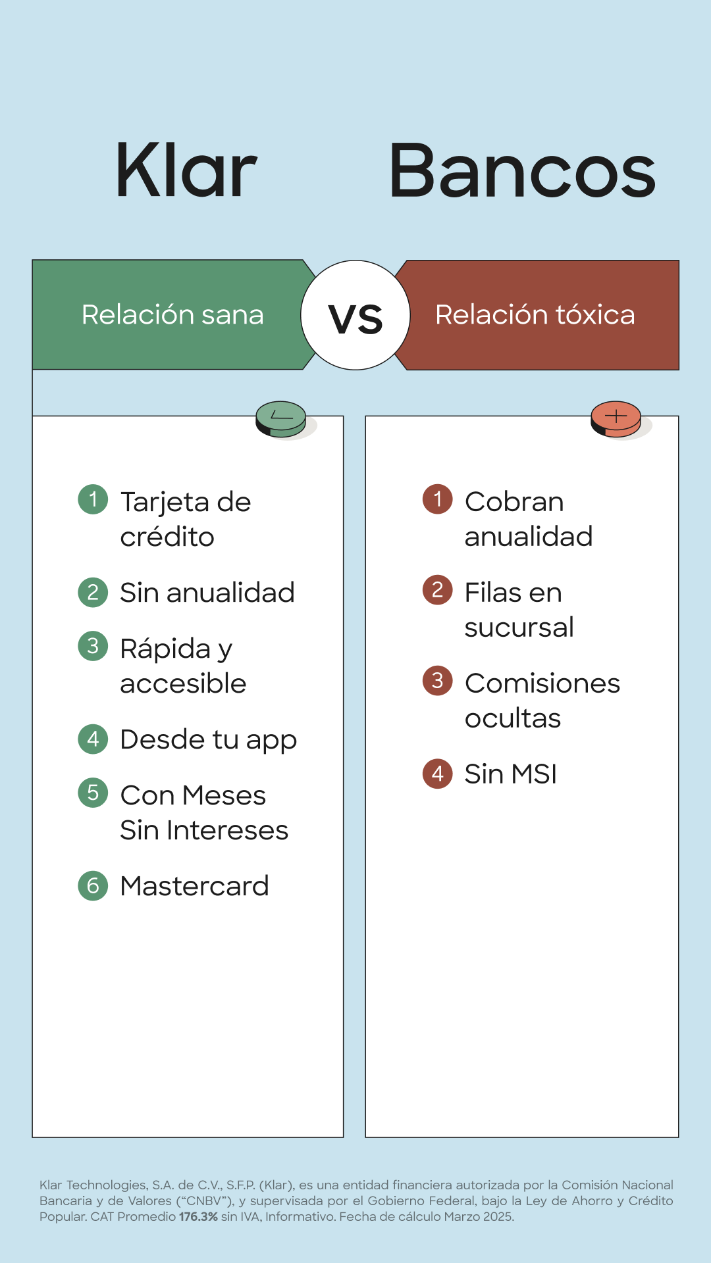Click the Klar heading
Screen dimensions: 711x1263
(x=186, y=170)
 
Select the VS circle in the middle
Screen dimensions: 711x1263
(x=355, y=315)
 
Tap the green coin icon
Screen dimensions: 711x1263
(x=281, y=419)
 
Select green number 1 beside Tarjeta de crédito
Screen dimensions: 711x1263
(x=93, y=499)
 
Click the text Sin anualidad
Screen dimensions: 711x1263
(x=207, y=593)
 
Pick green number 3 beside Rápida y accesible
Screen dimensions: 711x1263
(x=93, y=646)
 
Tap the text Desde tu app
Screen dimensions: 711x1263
(x=208, y=740)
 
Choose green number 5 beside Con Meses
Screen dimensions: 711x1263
(x=93, y=793)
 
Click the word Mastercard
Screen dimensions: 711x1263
(x=194, y=886)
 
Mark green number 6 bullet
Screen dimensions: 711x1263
(x=93, y=886)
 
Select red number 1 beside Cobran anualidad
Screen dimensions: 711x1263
(x=438, y=499)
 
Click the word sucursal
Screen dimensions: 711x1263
(x=519, y=628)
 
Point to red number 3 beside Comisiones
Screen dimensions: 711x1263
(x=438, y=681)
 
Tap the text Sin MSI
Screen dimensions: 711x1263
(x=511, y=774)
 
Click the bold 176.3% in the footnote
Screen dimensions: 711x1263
(x=198, y=1217)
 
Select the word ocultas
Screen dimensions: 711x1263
(x=513, y=718)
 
